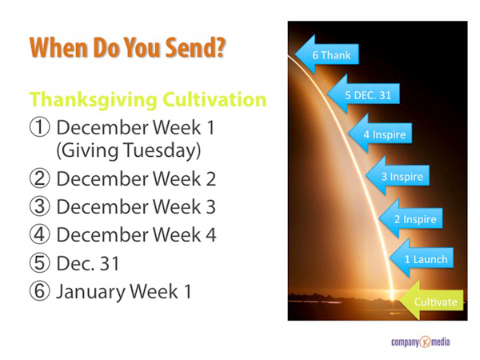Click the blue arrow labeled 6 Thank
(327, 54)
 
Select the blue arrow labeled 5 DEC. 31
(363, 94)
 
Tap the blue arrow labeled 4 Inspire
(380, 134)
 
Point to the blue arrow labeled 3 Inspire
(398, 176)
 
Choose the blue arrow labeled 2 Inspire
(410, 218)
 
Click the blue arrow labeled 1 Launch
(422, 258)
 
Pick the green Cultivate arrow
(432, 301)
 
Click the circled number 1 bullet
(39, 127)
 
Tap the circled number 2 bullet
(39, 178)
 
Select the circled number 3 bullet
(39, 206)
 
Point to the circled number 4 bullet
(39, 234)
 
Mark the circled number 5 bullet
(39, 263)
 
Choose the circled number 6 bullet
(39, 291)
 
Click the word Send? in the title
(195, 47)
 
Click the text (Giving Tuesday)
(129, 150)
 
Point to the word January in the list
(91, 291)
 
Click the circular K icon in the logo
(425, 342)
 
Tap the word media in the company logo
(440, 342)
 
